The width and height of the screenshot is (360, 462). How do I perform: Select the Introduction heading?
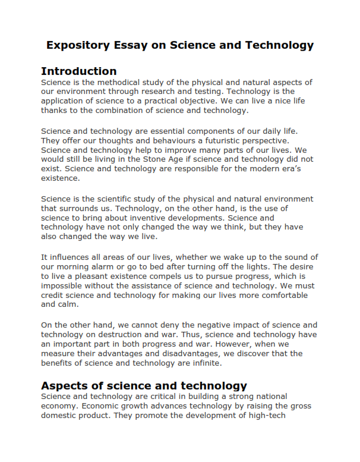78,71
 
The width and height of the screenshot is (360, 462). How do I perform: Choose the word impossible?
63,285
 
